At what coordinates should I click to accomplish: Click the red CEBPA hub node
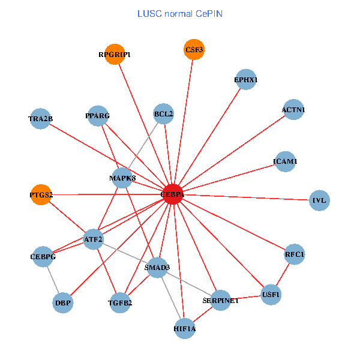[x=172, y=194]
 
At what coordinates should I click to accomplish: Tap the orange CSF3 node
[x=194, y=49]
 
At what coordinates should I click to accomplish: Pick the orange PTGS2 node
[x=41, y=194]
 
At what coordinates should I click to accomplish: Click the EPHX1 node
[x=246, y=79]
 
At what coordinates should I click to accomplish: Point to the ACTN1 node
[x=293, y=110]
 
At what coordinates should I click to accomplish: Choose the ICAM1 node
[x=285, y=161]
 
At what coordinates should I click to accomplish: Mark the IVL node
[x=319, y=200]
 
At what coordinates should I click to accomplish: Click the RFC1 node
[x=295, y=254]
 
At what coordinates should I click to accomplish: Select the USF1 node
[x=271, y=295]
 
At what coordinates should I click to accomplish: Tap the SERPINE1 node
[x=220, y=300]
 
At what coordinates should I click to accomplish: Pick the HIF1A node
[x=185, y=328]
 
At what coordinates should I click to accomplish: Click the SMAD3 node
[x=157, y=267]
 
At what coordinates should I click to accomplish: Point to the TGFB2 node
[x=120, y=302]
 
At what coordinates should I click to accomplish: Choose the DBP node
[x=63, y=302]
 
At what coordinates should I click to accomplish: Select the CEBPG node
[x=43, y=257]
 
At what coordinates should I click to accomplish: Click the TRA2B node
[x=40, y=119]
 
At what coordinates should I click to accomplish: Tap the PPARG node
[x=98, y=115]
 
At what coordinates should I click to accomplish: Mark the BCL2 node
[x=163, y=113]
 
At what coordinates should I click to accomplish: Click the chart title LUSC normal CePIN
[x=180, y=13]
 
